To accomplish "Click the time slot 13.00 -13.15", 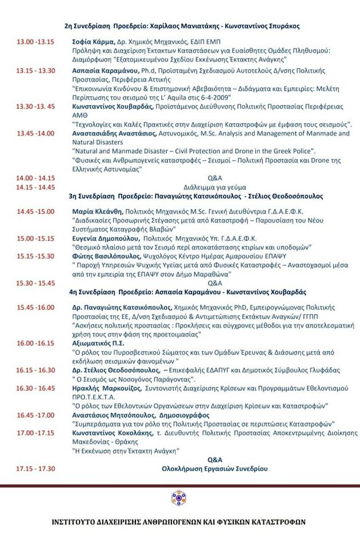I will coord(35,42).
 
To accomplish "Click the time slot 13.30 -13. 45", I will coord(36,106).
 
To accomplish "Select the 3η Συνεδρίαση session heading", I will coord(188,196).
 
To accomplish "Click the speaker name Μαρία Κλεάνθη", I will coord(94,211).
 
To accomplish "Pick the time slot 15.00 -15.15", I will coord(35,238).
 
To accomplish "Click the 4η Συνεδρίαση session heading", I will coord(188,292).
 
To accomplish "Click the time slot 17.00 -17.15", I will coord(35,433).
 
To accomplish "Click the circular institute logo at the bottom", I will coord(179,498).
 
